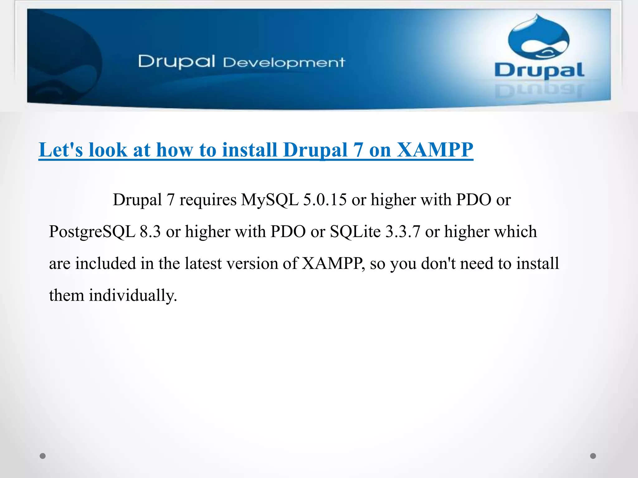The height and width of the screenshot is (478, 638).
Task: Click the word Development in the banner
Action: [284, 63]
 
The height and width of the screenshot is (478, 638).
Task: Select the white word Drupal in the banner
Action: [176, 61]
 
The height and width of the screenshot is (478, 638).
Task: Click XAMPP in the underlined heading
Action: [435, 150]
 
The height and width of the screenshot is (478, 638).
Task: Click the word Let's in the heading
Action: [61, 150]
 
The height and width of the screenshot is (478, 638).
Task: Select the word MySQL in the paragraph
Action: [270, 199]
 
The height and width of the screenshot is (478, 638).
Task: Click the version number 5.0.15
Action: [325, 199]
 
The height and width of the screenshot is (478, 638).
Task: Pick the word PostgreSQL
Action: [92, 232]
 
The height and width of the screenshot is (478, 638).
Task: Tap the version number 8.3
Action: [150, 232]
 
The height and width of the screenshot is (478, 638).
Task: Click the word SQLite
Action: [355, 232]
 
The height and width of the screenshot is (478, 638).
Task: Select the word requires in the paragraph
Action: [208, 199]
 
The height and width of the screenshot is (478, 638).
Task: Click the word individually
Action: [133, 295]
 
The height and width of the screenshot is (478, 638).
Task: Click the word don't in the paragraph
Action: [439, 263]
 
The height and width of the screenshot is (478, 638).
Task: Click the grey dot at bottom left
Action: [43, 456]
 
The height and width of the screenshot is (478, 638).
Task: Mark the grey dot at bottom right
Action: [593, 456]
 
